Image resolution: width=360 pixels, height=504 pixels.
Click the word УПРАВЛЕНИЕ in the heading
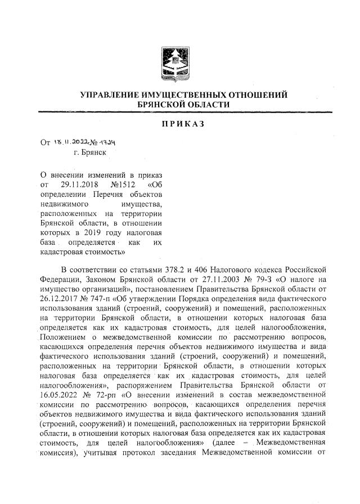[118, 95]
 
